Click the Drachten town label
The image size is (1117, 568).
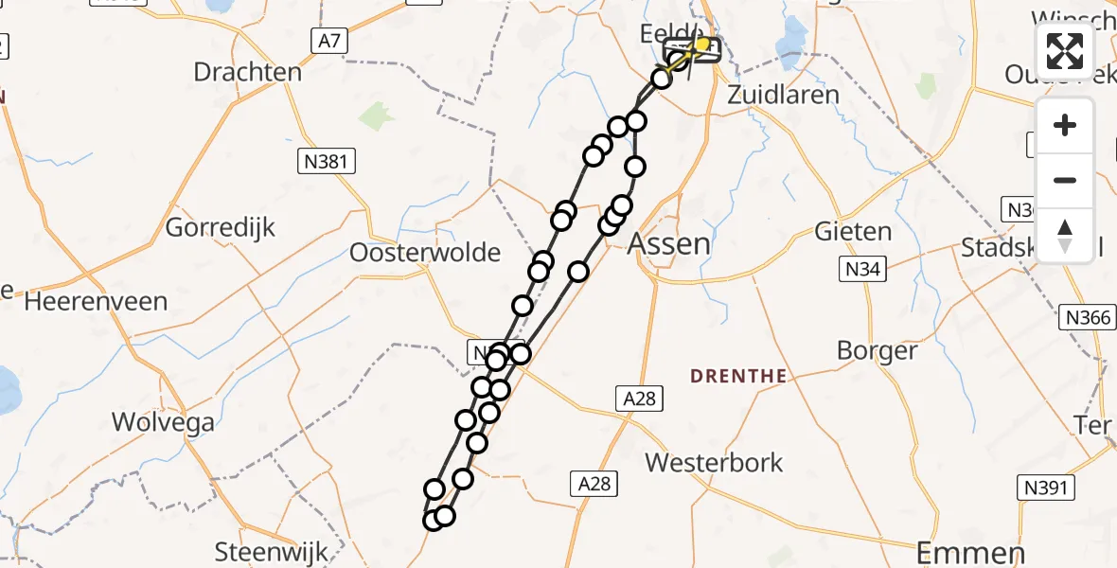tap(248, 72)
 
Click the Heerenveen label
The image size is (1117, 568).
tap(96, 302)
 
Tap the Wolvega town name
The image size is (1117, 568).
tap(163, 422)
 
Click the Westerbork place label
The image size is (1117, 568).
tap(715, 463)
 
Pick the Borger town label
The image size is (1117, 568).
tap(877, 351)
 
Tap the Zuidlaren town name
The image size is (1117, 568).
tap(783, 95)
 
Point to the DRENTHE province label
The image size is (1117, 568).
tap(738, 376)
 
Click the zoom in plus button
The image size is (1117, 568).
tap(1065, 126)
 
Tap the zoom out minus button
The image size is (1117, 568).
tap(1065, 180)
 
